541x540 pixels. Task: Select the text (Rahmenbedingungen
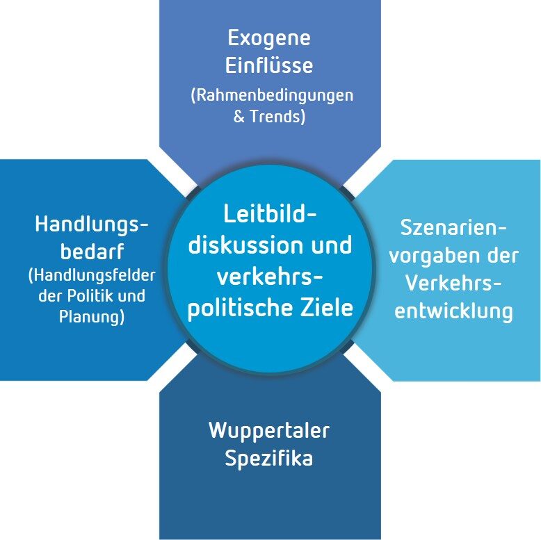tap(271, 95)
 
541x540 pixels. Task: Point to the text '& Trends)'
tap(269, 116)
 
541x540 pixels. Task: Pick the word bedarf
tap(91, 252)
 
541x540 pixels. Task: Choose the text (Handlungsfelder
tap(91, 275)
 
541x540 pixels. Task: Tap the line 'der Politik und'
tap(92, 296)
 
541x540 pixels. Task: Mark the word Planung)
tap(92, 318)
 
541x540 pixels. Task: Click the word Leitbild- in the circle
tap(270, 213)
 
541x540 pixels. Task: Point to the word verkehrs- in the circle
tap(270, 276)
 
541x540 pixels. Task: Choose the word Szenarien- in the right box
tap(453, 227)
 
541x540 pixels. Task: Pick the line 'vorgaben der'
tap(453, 255)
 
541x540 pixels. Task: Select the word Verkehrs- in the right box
tap(453, 283)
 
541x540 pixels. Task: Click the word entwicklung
tap(453, 311)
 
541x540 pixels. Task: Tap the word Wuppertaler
tap(268, 430)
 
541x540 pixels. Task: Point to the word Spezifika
tap(268, 459)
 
